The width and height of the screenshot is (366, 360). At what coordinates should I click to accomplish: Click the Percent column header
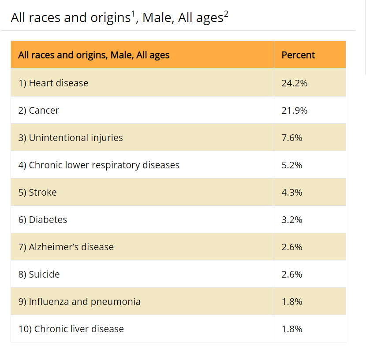click(298, 55)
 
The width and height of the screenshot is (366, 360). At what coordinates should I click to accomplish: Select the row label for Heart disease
click(53, 83)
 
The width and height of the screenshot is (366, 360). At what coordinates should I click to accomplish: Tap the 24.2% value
click(294, 83)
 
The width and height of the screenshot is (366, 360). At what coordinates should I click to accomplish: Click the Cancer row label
click(38, 110)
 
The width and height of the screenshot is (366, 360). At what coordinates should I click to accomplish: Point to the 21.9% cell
click(294, 110)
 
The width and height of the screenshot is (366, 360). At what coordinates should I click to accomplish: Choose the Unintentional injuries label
click(71, 137)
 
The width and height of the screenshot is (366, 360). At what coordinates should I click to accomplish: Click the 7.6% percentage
click(291, 137)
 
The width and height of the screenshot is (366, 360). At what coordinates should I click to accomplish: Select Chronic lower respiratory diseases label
click(99, 165)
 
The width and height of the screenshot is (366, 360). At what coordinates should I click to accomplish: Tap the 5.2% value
click(291, 165)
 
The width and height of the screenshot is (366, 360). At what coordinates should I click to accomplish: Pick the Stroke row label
click(37, 192)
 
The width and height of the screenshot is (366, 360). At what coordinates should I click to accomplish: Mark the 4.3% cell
click(291, 192)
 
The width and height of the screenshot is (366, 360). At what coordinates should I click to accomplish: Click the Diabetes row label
click(43, 219)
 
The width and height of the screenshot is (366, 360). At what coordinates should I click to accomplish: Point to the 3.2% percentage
click(291, 219)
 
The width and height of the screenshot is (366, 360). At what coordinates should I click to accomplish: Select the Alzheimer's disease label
click(66, 247)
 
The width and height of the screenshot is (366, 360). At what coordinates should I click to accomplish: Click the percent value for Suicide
click(291, 274)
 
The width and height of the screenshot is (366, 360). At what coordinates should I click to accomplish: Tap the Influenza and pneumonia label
click(79, 301)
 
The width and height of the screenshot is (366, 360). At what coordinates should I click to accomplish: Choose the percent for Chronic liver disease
click(291, 329)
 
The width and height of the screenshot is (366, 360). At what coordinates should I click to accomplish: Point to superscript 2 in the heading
click(226, 14)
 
